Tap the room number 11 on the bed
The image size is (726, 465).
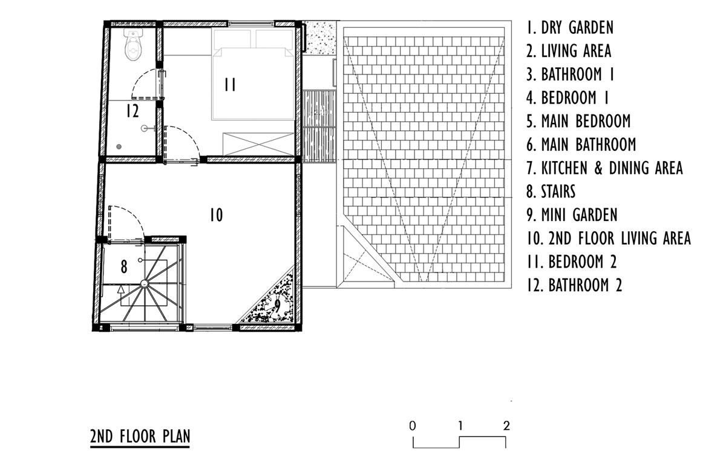pos(231,85)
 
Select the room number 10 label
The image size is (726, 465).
pos(216,215)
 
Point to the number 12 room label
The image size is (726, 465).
pos(132,111)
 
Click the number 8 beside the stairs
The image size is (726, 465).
pos(124,267)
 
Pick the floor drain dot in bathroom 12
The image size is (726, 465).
pos(119,147)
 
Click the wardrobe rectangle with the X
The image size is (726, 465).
pos(258,144)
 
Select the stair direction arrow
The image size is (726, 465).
pos(121,295)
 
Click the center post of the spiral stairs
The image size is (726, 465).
pos(144,284)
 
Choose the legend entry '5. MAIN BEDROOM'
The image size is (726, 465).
pos(578,121)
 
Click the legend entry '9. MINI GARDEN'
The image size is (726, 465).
pos(572,215)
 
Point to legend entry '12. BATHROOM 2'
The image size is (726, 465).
pos(574,285)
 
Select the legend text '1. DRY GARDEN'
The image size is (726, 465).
pos(570,27)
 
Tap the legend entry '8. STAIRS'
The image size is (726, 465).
pos(551,191)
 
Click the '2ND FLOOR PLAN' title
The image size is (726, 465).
pos(140,436)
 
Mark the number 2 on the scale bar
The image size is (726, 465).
pos(507,426)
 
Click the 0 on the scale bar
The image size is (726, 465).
pos(412,426)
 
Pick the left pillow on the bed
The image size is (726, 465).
pos(232,39)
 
